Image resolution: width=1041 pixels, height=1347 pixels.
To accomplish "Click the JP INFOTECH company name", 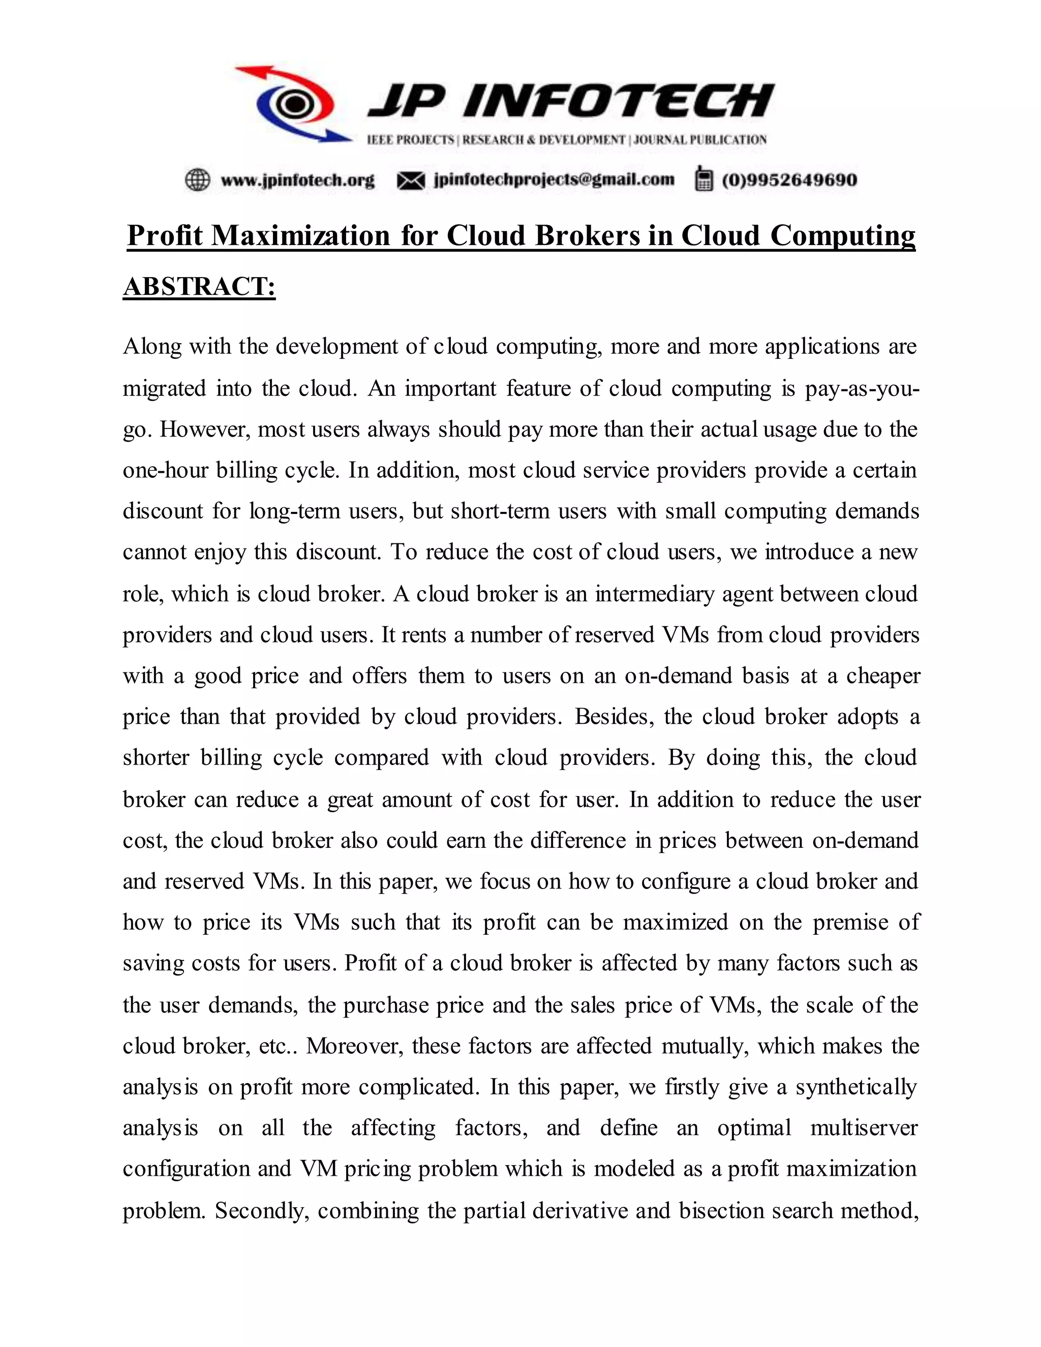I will (570, 100).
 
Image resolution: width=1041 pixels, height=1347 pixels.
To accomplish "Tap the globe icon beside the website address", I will (197, 179).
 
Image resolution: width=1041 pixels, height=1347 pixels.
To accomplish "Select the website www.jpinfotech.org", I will (297, 180).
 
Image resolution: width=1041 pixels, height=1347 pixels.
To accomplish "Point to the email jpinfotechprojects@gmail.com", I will (554, 179).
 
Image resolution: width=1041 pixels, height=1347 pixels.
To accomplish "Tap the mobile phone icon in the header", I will (702, 179).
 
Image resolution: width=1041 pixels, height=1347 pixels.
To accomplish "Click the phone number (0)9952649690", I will (789, 180).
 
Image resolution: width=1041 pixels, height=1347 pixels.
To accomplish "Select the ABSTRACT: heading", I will (199, 287).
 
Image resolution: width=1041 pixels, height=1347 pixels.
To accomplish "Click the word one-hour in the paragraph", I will (165, 471).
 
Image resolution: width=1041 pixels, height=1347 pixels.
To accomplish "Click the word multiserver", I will (864, 1128).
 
